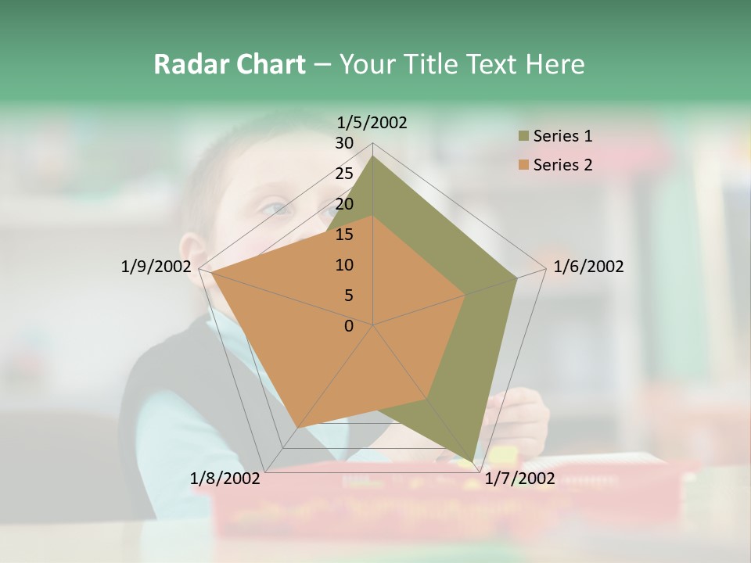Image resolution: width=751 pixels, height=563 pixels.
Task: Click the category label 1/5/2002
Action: click(x=372, y=122)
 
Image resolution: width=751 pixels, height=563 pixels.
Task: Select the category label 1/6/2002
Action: click(x=588, y=267)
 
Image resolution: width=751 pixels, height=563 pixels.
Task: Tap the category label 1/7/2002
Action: click(x=520, y=479)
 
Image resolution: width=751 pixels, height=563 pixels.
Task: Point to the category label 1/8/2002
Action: click(x=225, y=479)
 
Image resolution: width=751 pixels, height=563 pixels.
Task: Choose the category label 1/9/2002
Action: click(x=156, y=267)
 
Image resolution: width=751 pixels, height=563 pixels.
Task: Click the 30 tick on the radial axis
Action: click(x=344, y=143)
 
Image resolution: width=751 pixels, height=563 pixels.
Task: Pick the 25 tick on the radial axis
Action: click(x=344, y=174)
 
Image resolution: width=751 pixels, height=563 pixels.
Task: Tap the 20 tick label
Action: click(x=344, y=204)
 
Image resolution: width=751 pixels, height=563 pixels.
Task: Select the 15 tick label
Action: click(x=344, y=235)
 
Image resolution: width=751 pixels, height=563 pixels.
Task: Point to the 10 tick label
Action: click(x=344, y=265)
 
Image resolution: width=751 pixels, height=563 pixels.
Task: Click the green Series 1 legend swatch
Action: click(x=523, y=137)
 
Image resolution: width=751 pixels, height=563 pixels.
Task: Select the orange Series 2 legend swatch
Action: click(x=523, y=165)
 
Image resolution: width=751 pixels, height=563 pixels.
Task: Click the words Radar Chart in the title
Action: click(x=229, y=64)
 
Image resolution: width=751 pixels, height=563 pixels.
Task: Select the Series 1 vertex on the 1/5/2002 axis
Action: click(x=372, y=156)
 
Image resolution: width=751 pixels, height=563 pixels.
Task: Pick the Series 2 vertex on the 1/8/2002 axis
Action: click(x=297, y=428)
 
